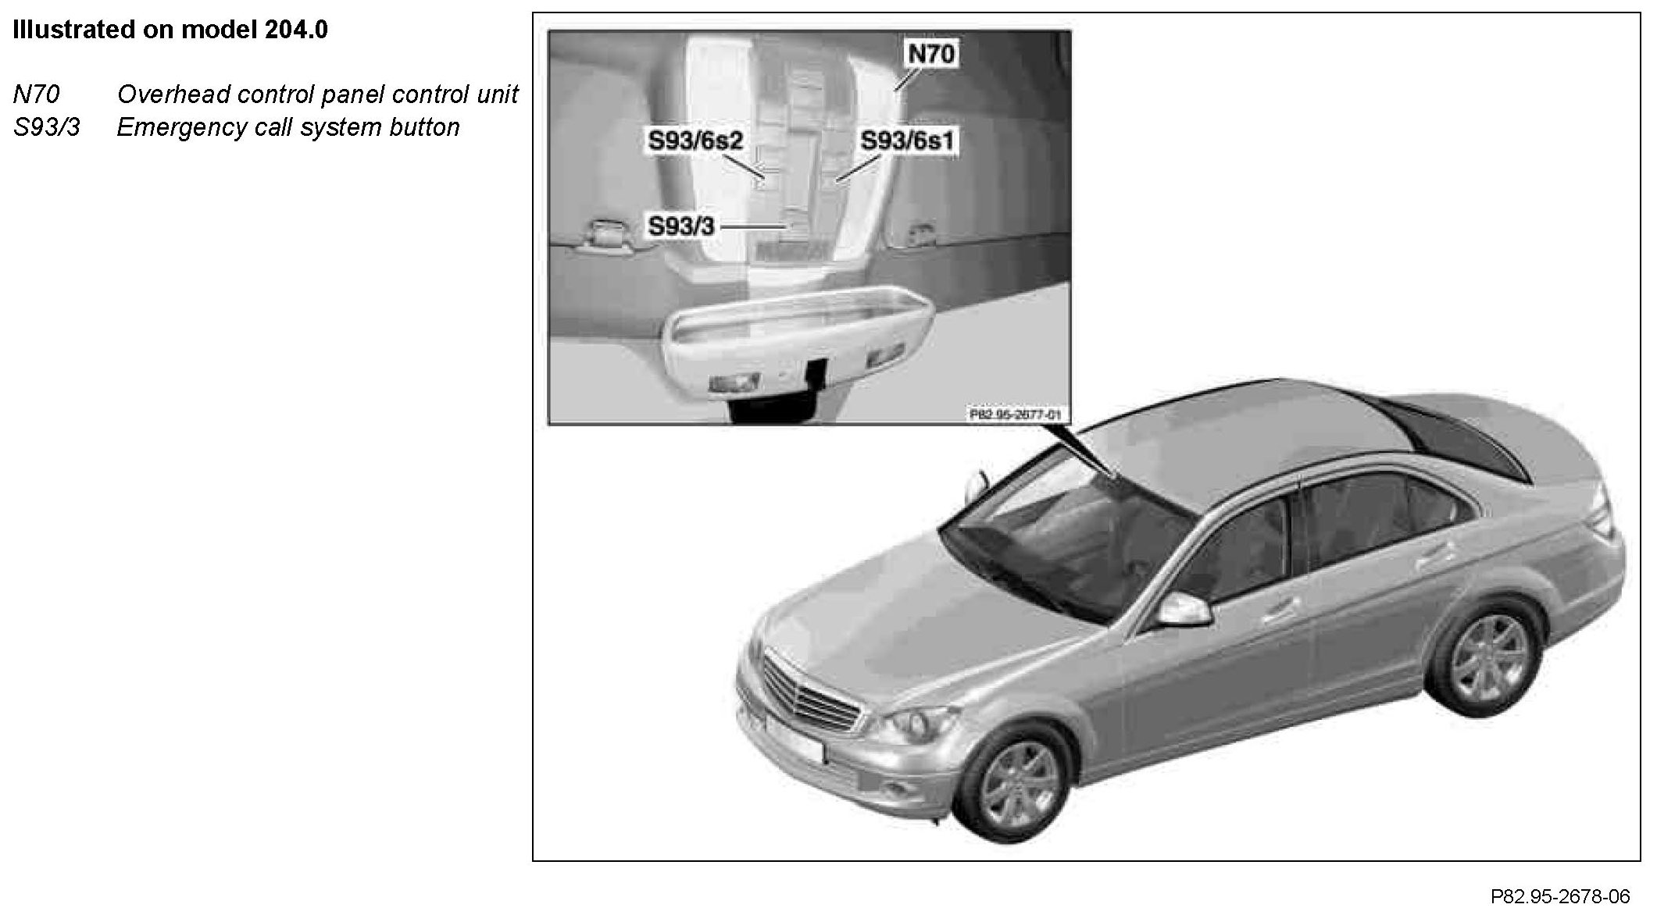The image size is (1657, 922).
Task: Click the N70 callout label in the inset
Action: pos(930,54)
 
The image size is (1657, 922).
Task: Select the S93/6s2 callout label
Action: pos(695,141)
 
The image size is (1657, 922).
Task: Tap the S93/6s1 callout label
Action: pos(908,141)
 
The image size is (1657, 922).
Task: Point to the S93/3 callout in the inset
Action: pos(680,226)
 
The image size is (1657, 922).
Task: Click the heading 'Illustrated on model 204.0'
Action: pos(170,30)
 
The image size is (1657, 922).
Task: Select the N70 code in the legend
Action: pos(36,94)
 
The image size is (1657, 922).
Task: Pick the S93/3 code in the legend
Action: pos(46,127)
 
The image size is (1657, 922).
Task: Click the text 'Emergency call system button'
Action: pos(288,127)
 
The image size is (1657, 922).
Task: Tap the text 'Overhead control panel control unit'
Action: pos(317,94)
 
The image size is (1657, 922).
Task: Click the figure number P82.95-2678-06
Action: pos(1559,896)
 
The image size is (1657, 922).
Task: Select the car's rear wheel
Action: pos(1485,656)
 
